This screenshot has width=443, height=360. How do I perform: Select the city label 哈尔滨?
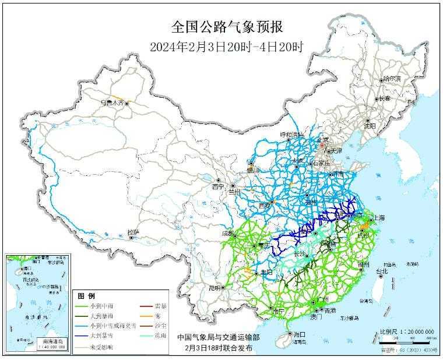tap(391, 79)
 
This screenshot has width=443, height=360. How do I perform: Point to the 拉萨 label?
tap(133, 232)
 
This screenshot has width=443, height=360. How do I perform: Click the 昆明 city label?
tap(214, 287)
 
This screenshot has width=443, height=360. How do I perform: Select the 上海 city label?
tap(379, 218)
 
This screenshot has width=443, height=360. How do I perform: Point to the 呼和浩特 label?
tap(292, 135)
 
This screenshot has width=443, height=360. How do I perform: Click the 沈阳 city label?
tap(370, 125)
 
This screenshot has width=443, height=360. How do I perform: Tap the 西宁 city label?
tap(218, 187)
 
